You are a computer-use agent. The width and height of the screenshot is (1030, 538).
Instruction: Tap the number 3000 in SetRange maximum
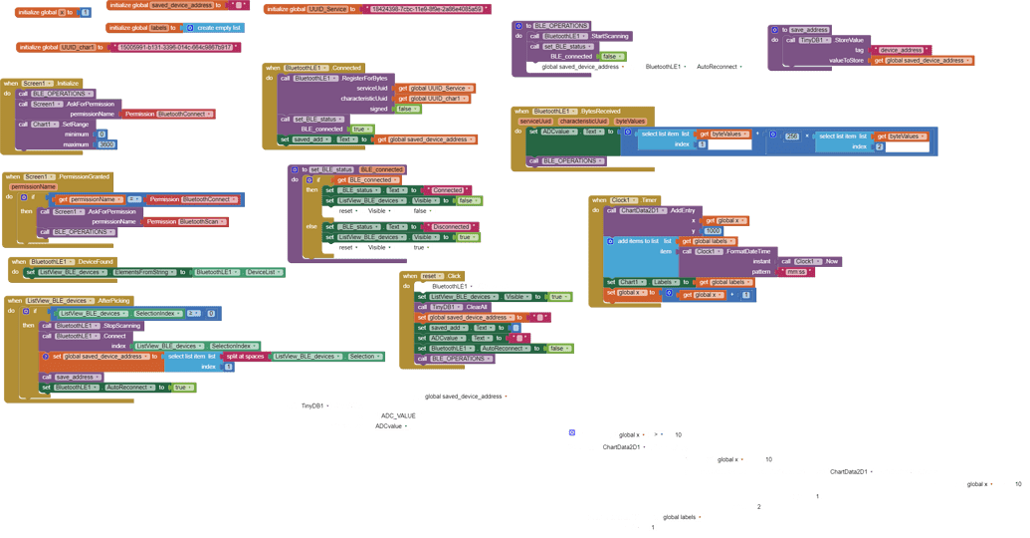pos(105,143)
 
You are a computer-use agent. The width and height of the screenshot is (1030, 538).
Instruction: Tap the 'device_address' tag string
pos(902,49)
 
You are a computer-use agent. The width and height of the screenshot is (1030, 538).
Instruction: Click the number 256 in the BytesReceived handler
pos(792,135)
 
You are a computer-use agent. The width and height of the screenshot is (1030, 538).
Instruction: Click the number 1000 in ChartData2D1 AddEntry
pos(713,230)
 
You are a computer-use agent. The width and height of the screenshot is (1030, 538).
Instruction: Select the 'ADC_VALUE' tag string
pos(399,415)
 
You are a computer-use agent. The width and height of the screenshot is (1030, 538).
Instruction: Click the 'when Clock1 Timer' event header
pos(625,199)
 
